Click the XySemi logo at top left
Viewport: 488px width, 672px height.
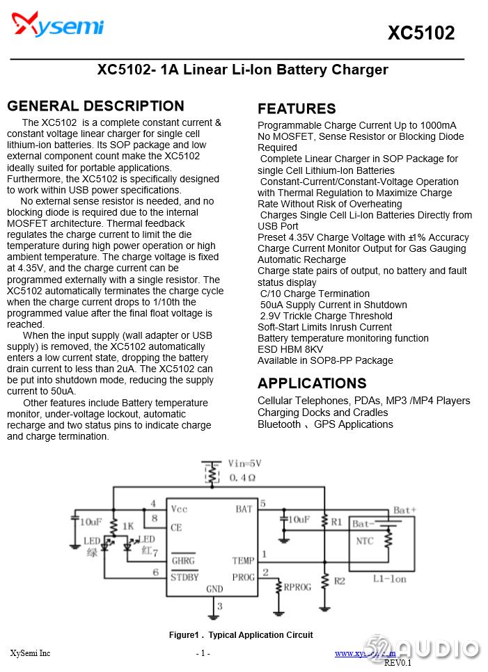58,26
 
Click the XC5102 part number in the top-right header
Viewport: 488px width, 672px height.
420,33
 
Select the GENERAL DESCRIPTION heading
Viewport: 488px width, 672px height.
95,106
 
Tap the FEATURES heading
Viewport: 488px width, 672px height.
297,109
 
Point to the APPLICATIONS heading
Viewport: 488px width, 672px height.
312,383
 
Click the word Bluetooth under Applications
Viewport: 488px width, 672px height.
279,424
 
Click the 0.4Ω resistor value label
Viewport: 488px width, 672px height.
242,478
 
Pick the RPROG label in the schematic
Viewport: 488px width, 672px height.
297,587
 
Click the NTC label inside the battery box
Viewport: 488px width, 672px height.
364,541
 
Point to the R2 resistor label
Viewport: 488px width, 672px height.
339,581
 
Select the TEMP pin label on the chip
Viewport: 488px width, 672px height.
243,560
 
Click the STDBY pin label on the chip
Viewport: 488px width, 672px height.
184,577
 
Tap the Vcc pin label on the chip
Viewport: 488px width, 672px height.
180,509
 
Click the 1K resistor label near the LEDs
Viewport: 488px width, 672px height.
127,526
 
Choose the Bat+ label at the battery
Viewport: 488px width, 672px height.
404,511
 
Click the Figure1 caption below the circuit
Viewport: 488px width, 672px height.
240,634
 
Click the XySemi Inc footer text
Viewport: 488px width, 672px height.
30,653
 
